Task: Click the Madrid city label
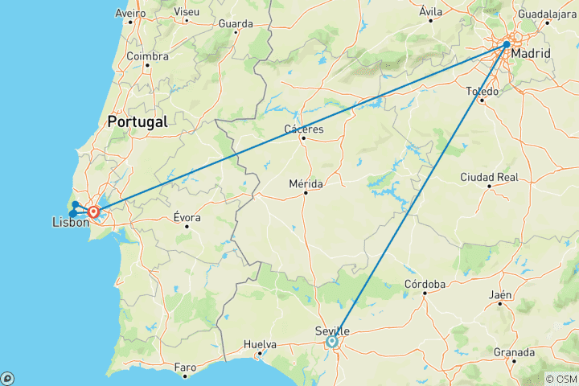[x=532, y=54]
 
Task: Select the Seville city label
[x=331, y=331]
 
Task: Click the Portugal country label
[x=138, y=122]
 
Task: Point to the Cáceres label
[x=304, y=129]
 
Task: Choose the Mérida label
[x=306, y=183]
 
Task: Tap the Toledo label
[x=482, y=91]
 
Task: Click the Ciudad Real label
[x=489, y=176]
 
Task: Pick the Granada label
[x=515, y=352]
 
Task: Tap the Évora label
[x=187, y=217]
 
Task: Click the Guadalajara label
[x=548, y=14]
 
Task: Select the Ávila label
[x=432, y=11]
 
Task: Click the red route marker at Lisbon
[x=94, y=212]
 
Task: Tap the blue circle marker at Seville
[x=331, y=342]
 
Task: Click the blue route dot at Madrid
[x=507, y=44]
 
